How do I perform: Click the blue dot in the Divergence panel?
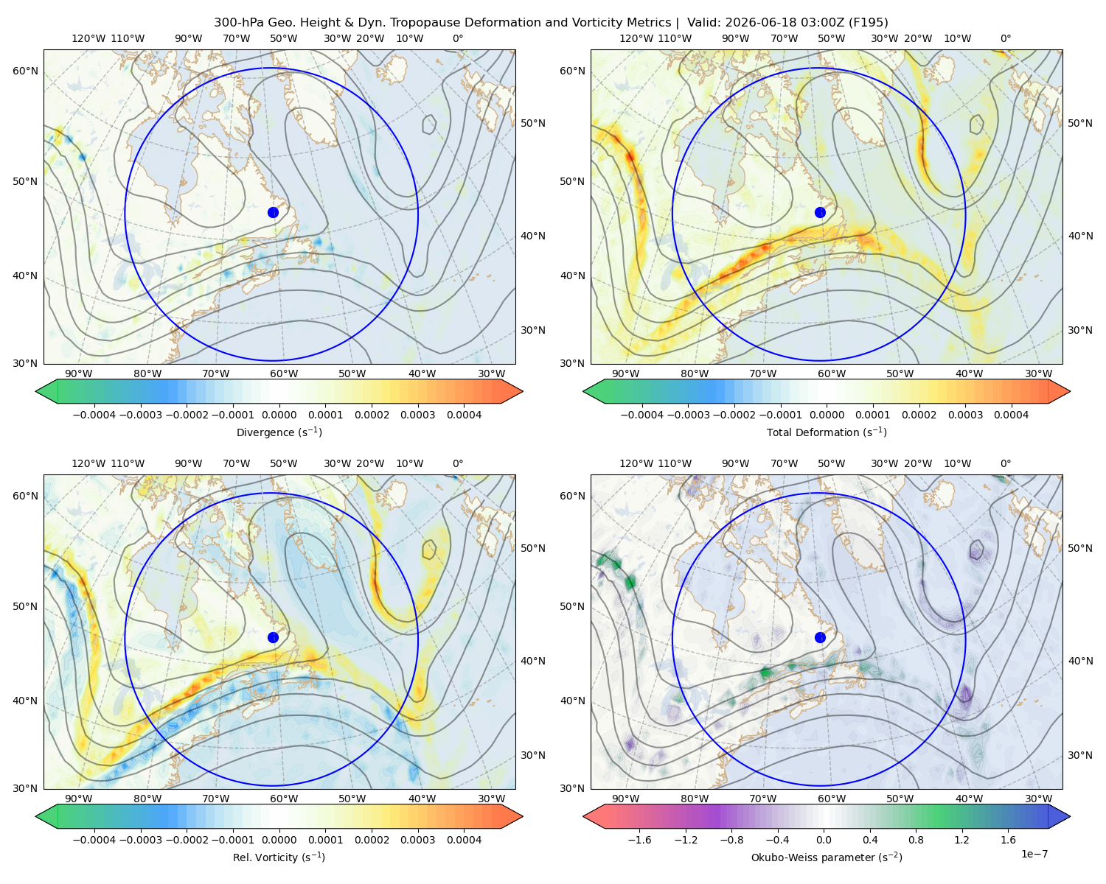point(273,212)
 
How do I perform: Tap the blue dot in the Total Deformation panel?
point(820,212)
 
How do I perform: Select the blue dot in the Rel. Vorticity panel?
point(273,637)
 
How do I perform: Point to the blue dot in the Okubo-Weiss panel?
point(820,637)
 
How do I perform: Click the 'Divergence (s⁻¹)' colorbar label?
point(279,432)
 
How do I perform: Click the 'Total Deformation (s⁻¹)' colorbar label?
point(827,432)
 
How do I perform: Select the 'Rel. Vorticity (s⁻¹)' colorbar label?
point(279,857)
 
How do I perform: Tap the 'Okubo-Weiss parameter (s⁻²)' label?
point(827,857)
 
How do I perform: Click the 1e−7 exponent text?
point(1034,854)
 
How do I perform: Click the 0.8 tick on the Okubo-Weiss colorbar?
point(916,839)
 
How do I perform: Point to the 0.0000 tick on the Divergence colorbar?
point(279,415)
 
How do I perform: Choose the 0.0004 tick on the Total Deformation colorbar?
point(1011,415)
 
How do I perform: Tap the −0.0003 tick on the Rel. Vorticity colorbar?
point(140,839)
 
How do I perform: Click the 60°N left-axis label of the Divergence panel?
point(25,71)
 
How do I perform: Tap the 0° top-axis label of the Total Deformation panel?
point(1005,38)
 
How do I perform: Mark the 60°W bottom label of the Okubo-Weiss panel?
point(831,799)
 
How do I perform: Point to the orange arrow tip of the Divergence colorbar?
point(521,391)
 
